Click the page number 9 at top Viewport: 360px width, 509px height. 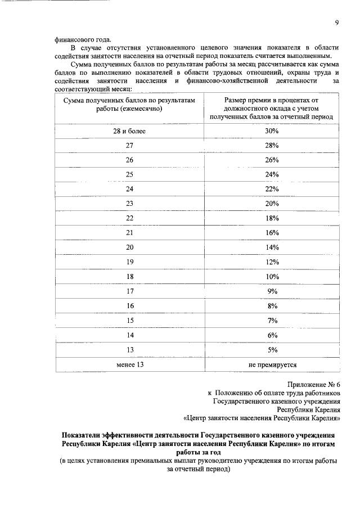(336, 23)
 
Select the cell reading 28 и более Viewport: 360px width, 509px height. (129, 131)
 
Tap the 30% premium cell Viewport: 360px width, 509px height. (272, 131)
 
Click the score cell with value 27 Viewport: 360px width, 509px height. (129, 146)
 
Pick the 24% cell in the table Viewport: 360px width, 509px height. (272, 174)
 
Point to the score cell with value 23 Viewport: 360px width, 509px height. (129, 203)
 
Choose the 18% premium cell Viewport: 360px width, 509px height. (272, 218)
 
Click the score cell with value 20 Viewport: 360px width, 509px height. (129, 247)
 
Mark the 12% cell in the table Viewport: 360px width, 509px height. (272, 262)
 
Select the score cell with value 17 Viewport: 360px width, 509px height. (129, 291)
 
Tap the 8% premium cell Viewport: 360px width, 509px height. (272, 305)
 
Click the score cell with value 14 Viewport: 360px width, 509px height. (129, 335)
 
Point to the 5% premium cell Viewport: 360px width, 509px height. (272, 349)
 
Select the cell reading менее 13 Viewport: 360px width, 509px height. (129, 364)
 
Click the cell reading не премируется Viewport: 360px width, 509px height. (272, 364)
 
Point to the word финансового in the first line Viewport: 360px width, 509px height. (74, 39)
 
